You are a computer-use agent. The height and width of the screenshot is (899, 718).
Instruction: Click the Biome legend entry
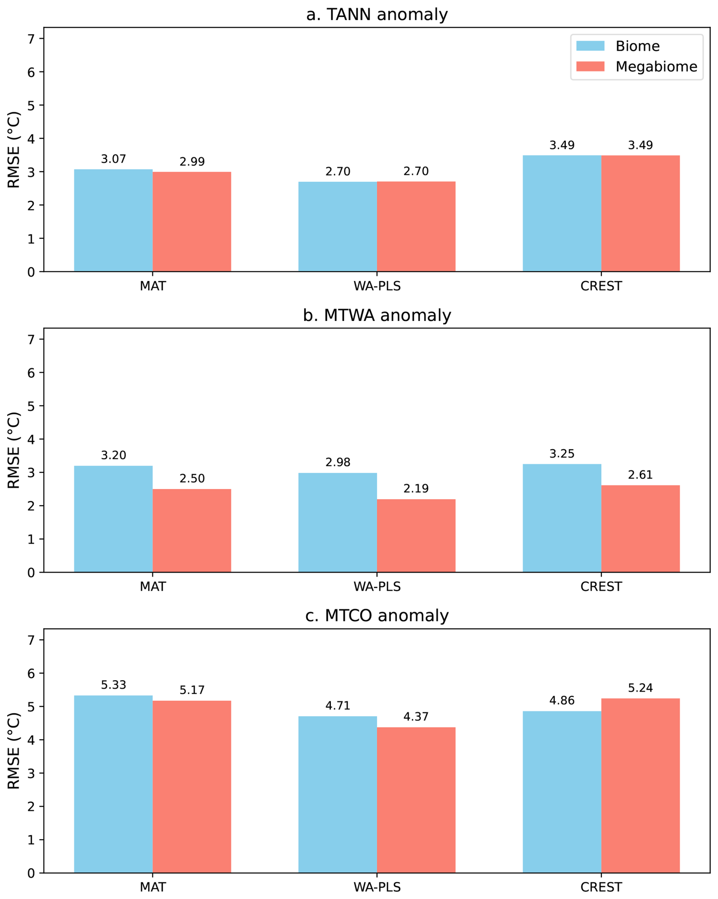coord(618,46)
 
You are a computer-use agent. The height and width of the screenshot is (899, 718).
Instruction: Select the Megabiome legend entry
coord(637,66)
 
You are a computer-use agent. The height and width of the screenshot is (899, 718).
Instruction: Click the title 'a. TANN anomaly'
coord(377,14)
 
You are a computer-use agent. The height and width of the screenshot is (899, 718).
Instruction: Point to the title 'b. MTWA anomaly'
coord(377,315)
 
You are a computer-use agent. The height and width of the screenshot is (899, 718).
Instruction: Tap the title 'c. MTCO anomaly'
coord(377,616)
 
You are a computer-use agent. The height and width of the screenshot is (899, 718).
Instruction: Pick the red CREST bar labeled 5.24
coord(641,786)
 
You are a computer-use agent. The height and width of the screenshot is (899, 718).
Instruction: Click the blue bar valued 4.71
coord(337,794)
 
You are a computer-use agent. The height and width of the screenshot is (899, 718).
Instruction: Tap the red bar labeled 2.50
coord(192,530)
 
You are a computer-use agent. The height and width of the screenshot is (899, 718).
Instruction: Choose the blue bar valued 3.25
coord(562,518)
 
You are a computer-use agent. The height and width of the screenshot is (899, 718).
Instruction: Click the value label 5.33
coord(113,685)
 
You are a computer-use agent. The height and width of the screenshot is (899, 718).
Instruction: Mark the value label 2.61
coord(641,475)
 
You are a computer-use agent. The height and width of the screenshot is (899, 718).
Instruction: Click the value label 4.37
coord(416,717)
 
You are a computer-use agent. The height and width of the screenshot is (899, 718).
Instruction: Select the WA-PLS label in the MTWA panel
coord(377,586)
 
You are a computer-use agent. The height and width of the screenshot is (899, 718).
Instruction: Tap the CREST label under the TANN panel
coord(601,286)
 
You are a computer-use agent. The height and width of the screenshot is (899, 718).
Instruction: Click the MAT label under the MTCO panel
coord(153,887)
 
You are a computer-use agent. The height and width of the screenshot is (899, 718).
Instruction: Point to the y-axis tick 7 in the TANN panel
coord(31,39)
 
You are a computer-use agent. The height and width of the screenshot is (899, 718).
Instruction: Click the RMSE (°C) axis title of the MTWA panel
coord(14,450)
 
